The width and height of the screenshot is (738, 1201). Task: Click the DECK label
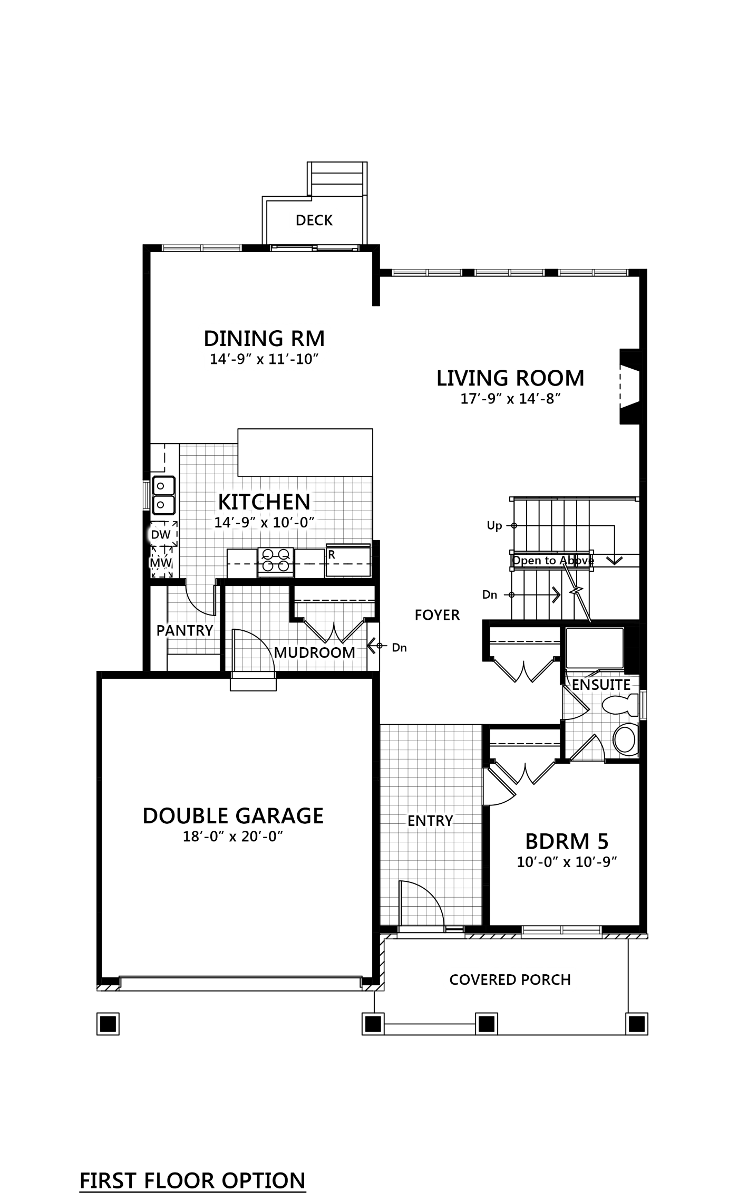click(314, 220)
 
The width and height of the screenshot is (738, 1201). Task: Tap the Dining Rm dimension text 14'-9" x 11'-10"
click(265, 360)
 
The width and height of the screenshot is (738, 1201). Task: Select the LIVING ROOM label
click(510, 378)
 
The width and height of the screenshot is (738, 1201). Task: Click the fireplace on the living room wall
click(630, 386)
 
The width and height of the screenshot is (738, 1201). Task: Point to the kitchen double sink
click(163, 495)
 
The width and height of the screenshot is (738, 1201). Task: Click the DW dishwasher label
click(161, 534)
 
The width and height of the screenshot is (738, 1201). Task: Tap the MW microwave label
click(161, 563)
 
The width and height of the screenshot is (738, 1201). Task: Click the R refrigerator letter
click(332, 555)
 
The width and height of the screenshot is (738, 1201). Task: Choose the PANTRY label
click(184, 631)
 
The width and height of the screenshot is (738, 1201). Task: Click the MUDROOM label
click(314, 653)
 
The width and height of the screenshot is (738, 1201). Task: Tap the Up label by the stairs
click(494, 526)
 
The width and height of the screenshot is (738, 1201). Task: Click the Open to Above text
click(553, 561)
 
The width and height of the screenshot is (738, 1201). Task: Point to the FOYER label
click(437, 615)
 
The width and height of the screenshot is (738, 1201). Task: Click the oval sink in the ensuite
click(626, 739)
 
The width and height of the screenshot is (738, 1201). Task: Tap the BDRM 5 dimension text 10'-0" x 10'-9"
click(567, 862)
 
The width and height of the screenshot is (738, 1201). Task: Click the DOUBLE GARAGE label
click(233, 816)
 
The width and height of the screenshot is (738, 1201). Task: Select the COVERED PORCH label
click(510, 980)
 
